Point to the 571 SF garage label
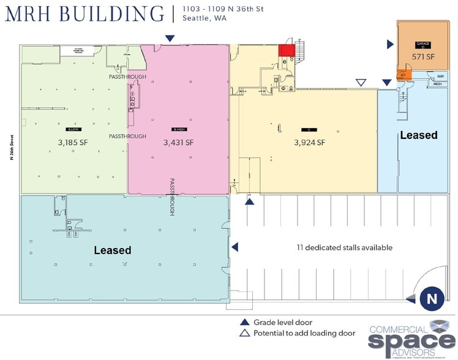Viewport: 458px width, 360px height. coord(422,56)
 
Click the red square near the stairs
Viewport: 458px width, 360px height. coord(286,50)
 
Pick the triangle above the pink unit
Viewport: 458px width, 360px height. coord(170,39)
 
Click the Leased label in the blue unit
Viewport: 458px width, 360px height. coord(418,135)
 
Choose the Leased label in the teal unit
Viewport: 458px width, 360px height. coord(112,250)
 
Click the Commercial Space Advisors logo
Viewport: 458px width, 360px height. coord(412,337)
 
